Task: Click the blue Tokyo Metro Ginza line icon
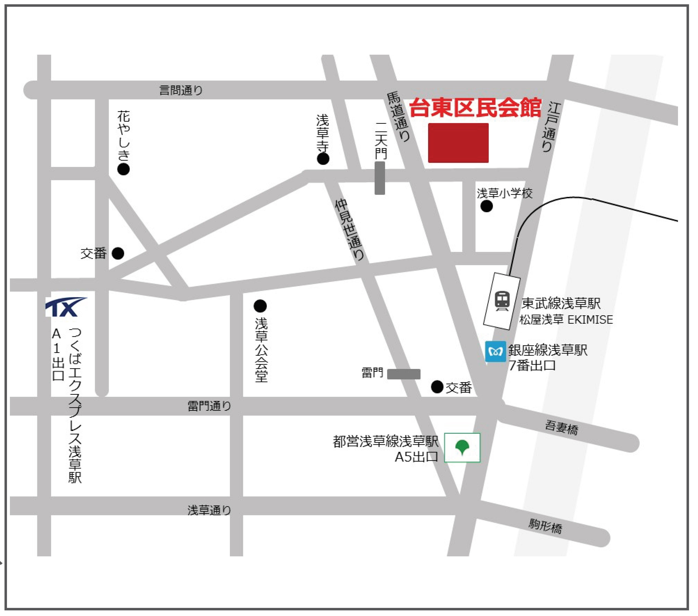495,351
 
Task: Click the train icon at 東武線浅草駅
502,301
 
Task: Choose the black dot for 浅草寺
323,159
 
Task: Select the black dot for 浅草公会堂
260,306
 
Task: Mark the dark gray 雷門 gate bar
404,374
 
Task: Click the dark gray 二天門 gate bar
380,178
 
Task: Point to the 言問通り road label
181,90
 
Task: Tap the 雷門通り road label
209,406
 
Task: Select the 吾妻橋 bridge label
561,428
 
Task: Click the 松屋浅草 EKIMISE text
566,320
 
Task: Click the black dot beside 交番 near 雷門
437,387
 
